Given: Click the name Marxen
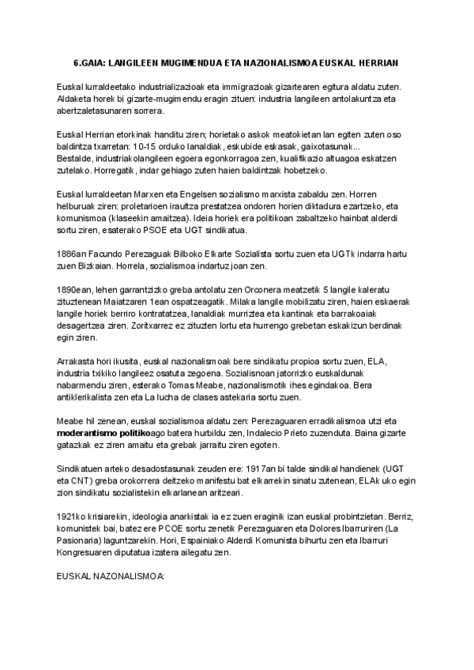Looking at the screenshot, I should click(134, 194).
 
